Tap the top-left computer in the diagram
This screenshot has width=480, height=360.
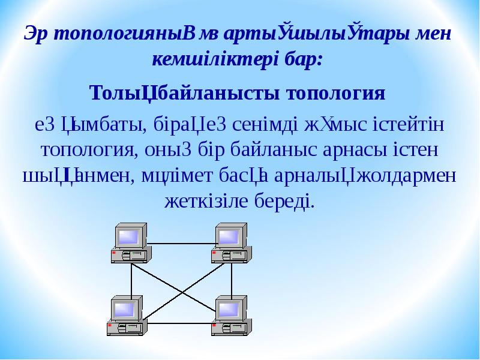click(x=129, y=243)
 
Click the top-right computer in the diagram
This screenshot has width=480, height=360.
click(x=229, y=243)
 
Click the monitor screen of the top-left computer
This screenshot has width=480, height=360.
click(x=128, y=236)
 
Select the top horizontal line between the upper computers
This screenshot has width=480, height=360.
click(x=179, y=244)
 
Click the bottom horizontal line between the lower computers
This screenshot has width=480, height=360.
click(x=178, y=328)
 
